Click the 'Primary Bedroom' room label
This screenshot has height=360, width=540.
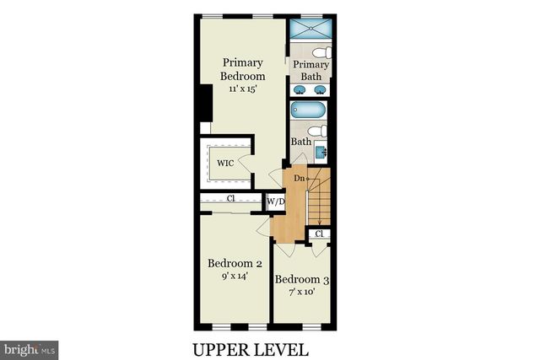pos(242,69)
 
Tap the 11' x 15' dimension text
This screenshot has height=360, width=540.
pos(242,89)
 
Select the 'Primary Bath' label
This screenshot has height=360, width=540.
pos(311,70)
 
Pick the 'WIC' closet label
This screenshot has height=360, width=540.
pos(224,163)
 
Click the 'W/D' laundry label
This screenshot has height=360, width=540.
pos(275,202)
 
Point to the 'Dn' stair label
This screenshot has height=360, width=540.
pos(300,179)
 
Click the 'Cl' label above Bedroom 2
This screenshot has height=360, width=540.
pos(230,199)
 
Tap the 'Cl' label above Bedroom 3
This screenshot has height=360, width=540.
pos(320,234)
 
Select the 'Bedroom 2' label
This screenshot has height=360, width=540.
pos(235,263)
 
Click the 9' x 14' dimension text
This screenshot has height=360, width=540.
pos(235,275)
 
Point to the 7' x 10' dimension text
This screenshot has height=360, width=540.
pos(301,292)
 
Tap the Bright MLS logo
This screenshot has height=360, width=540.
pos(30,347)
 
